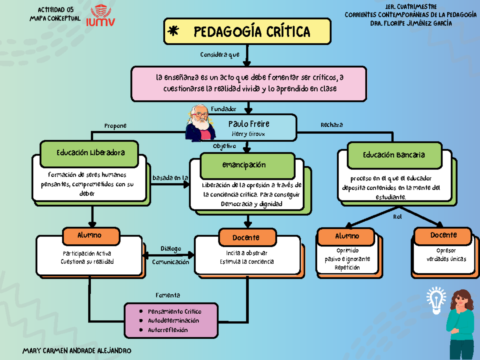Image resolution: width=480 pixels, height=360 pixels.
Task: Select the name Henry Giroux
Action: tap(248, 134)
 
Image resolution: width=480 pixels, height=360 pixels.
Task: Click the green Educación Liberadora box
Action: tap(90, 152)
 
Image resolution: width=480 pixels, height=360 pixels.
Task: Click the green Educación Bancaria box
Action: tap(394, 155)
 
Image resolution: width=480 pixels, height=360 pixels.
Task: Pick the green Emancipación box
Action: tap(244, 165)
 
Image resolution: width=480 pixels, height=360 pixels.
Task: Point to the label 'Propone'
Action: tap(115, 126)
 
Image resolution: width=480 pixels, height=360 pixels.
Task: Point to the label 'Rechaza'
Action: tap(332, 125)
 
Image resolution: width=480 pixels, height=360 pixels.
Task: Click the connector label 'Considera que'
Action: tap(220, 55)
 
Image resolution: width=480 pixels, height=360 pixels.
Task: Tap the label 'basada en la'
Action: tap(170, 178)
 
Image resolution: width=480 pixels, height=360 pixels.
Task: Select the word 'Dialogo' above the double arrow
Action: tap(171, 249)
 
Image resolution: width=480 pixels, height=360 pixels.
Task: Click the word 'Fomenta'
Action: tap(168, 295)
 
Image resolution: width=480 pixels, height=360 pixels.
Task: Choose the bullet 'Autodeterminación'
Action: tap(173, 320)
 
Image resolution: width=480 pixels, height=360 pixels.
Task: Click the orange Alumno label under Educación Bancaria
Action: tap(347, 236)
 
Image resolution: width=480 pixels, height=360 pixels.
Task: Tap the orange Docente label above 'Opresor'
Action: tap(443, 235)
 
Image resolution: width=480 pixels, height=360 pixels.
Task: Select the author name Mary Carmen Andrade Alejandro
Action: tap(77, 351)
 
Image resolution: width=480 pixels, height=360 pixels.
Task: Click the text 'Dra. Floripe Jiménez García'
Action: tap(412, 23)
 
